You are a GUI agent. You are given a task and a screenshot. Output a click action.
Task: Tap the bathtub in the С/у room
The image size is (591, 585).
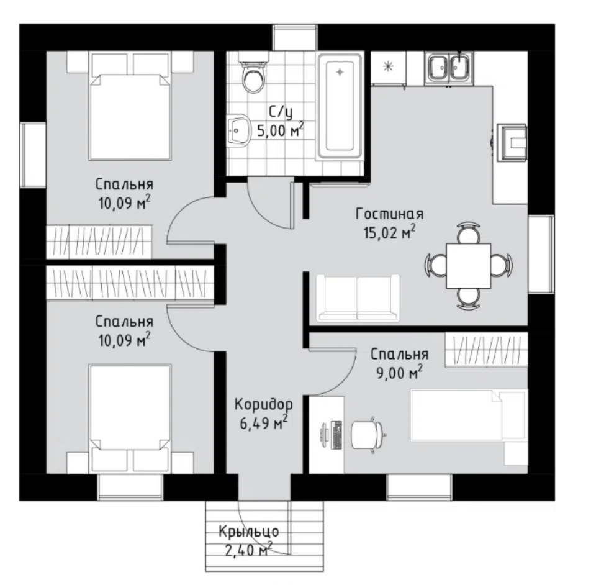[x=340, y=106]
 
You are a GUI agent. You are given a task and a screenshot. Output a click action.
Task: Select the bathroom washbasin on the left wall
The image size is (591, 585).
[x=238, y=129]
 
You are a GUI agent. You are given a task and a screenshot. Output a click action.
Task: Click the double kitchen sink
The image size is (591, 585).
[x=449, y=68]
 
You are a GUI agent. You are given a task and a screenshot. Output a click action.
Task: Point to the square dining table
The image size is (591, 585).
[x=469, y=266]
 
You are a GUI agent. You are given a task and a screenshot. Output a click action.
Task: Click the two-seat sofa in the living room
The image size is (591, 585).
[x=358, y=298]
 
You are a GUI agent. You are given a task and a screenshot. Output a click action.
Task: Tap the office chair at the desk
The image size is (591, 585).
[x=368, y=435]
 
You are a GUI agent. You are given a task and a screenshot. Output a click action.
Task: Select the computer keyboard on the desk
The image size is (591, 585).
[x=336, y=435]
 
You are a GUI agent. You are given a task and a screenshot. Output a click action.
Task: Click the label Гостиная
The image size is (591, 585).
[x=389, y=214]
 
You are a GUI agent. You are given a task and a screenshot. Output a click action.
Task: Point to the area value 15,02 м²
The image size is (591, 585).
[x=389, y=232]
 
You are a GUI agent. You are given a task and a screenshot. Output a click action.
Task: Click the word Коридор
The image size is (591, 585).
[x=263, y=404]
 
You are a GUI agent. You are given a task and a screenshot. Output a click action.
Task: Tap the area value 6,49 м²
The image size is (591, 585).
[x=263, y=423]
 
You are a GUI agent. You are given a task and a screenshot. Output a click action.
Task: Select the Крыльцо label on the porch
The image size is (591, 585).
[x=249, y=532]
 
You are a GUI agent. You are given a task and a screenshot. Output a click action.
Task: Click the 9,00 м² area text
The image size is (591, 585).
[x=400, y=373]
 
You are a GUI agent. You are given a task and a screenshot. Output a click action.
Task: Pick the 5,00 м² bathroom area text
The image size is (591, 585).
[x=281, y=130]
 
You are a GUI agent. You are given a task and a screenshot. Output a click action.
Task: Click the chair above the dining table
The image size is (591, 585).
[x=469, y=232]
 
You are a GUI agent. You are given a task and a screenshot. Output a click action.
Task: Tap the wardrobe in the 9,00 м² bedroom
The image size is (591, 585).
[x=486, y=349]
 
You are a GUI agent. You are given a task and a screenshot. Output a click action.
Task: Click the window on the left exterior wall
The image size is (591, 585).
[x=33, y=154]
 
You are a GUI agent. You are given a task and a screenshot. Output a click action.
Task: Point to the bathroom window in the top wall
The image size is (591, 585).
[x=295, y=37]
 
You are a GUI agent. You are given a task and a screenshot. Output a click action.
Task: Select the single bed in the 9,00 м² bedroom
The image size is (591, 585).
[x=469, y=415]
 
